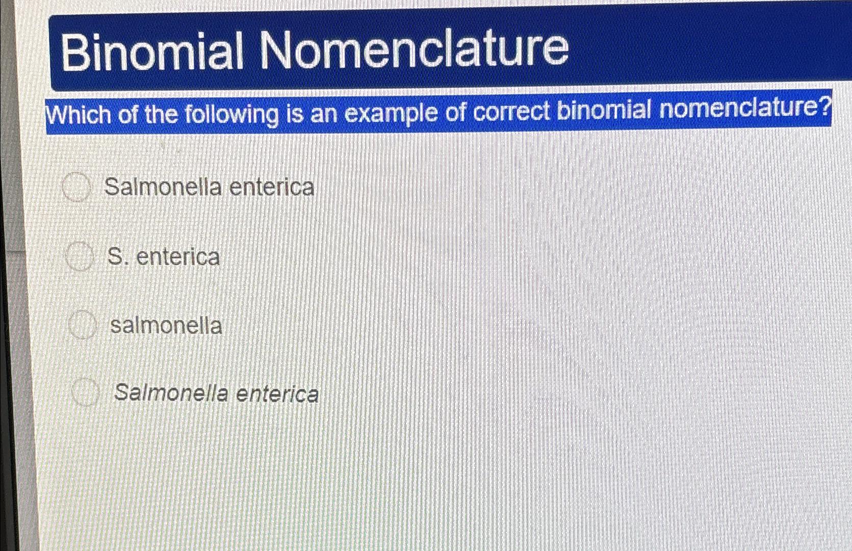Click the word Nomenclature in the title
tap(414, 48)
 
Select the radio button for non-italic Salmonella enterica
tap(76, 188)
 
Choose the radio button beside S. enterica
tap(80, 257)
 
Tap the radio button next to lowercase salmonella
tap(82, 326)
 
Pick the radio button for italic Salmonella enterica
tap(85, 393)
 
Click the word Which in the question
tap(79, 115)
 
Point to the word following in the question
tap(231, 114)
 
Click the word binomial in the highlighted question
tap(604, 110)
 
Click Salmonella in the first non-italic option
tap(163, 187)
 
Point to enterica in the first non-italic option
tap(272, 187)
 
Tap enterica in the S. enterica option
tap(178, 256)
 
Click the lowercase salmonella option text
tap(166, 325)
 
